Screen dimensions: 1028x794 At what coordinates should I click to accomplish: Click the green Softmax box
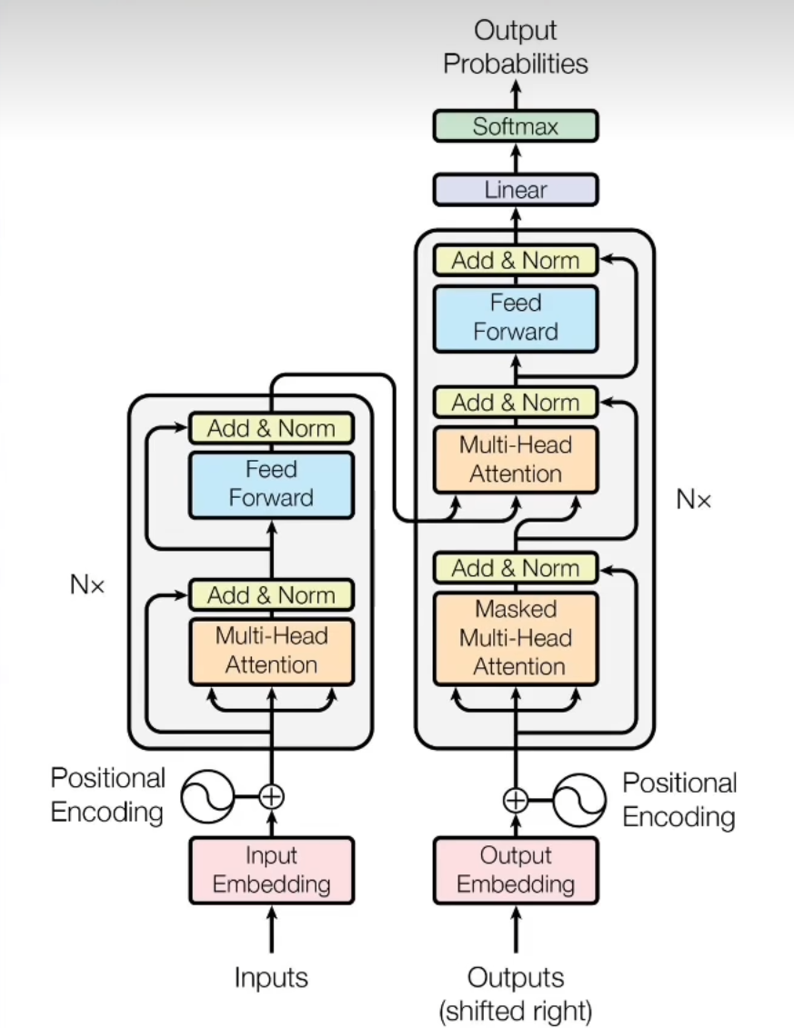(x=516, y=125)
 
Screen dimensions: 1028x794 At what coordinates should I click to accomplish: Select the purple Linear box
(x=516, y=190)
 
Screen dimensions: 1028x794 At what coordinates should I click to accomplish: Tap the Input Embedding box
(x=271, y=870)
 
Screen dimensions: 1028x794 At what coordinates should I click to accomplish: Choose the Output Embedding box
(x=516, y=870)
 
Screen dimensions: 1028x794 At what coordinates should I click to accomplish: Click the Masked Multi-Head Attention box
(x=516, y=638)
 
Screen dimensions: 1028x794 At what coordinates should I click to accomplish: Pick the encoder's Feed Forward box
(x=271, y=484)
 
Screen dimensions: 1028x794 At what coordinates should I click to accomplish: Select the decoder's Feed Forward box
(x=516, y=317)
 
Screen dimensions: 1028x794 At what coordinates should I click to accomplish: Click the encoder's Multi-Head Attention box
(x=271, y=651)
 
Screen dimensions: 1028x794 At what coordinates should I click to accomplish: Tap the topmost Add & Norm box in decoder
(x=516, y=261)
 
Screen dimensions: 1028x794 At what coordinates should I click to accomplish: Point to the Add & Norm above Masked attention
(x=516, y=569)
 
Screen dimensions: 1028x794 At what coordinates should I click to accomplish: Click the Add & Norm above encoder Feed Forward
(x=271, y=428)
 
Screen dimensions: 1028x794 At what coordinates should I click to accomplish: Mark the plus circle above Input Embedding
(x=271, y=797)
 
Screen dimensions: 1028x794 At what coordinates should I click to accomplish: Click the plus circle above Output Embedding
(x=516, y=800)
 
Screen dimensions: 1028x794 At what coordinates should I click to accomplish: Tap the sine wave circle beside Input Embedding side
(x=208, y=797)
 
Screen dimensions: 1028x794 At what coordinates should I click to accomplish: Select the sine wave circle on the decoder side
(x=579, y=800)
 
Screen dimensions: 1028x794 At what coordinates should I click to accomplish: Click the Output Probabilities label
(x=516, y=47)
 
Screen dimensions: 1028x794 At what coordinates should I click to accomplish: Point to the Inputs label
(x=271, y=978)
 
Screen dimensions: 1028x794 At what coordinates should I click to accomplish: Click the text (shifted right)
(x=516, y=1010)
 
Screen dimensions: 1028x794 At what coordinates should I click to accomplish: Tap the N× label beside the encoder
(x=87, y=585)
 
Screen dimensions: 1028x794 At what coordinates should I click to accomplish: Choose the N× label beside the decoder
(x=694, y=498)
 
